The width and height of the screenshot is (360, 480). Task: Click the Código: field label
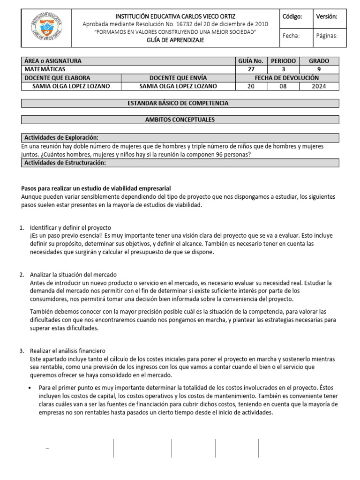tap(292, 16)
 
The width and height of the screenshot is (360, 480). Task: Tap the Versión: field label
tap(326, 16)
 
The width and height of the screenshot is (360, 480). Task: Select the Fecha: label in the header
tap(291, 36)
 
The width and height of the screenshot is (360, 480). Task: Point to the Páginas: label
tap(327, 36)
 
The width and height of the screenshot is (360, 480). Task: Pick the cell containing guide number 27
tap(251, 69)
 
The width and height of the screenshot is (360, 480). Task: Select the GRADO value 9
tap(319, 69)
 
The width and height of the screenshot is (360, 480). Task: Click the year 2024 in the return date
tap(319, 86)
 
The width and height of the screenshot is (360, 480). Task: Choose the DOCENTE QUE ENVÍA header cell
tap(178, 78)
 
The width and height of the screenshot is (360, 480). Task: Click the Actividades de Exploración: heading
tap(61, 137)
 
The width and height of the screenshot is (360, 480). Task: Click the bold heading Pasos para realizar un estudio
tap(96, 188)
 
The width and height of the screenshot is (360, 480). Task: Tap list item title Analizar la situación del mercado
tap(73, 275)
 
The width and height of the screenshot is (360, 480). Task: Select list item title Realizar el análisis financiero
tap(68, 351)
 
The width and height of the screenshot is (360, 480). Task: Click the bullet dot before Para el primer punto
tap(30, 388)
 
